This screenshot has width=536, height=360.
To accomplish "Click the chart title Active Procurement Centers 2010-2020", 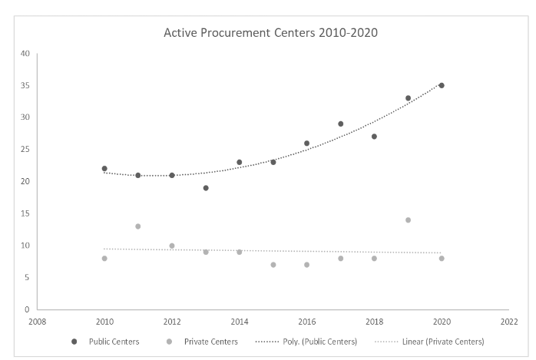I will coord(270,34).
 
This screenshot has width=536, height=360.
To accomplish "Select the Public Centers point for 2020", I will coord(442,85).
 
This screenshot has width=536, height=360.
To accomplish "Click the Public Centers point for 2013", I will coord(206,188).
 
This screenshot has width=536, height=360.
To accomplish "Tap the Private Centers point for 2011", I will coord(138,226).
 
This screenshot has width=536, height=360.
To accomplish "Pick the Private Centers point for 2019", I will coord(408,220).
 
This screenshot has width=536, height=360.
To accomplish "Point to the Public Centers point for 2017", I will coord(340,124).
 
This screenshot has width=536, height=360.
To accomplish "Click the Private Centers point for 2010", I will coord(104,259).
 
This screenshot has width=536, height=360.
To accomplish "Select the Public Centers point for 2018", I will coord(374,137).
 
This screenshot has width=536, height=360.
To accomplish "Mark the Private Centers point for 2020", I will coord(442,259).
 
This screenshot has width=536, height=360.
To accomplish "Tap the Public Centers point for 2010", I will coord(104,169).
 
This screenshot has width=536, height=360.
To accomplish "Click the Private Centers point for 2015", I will coord(273,265).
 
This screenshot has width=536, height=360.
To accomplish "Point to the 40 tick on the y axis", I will coord(25,54).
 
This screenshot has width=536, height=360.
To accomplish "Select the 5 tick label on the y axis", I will coord(27,278).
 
